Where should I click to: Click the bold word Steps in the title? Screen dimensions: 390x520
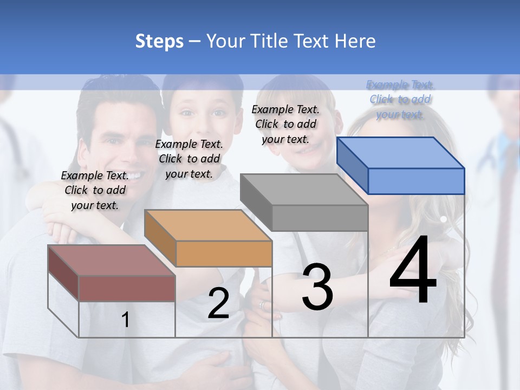(159, 41)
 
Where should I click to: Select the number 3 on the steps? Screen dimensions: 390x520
(317, 287)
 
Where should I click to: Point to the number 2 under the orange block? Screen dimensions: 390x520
(218, 303)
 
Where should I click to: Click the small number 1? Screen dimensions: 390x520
(126, 320)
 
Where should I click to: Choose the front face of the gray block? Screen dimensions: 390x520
(320, 218)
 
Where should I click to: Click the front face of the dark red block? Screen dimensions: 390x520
(127, 288)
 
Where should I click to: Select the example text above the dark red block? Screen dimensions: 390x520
(95, 190)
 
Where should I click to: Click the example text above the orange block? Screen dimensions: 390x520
(189, 159)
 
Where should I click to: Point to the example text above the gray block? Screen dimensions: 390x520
(285, 124)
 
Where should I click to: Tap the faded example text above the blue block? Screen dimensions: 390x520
(400, 99)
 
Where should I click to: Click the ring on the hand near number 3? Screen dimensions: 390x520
(263, 306)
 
